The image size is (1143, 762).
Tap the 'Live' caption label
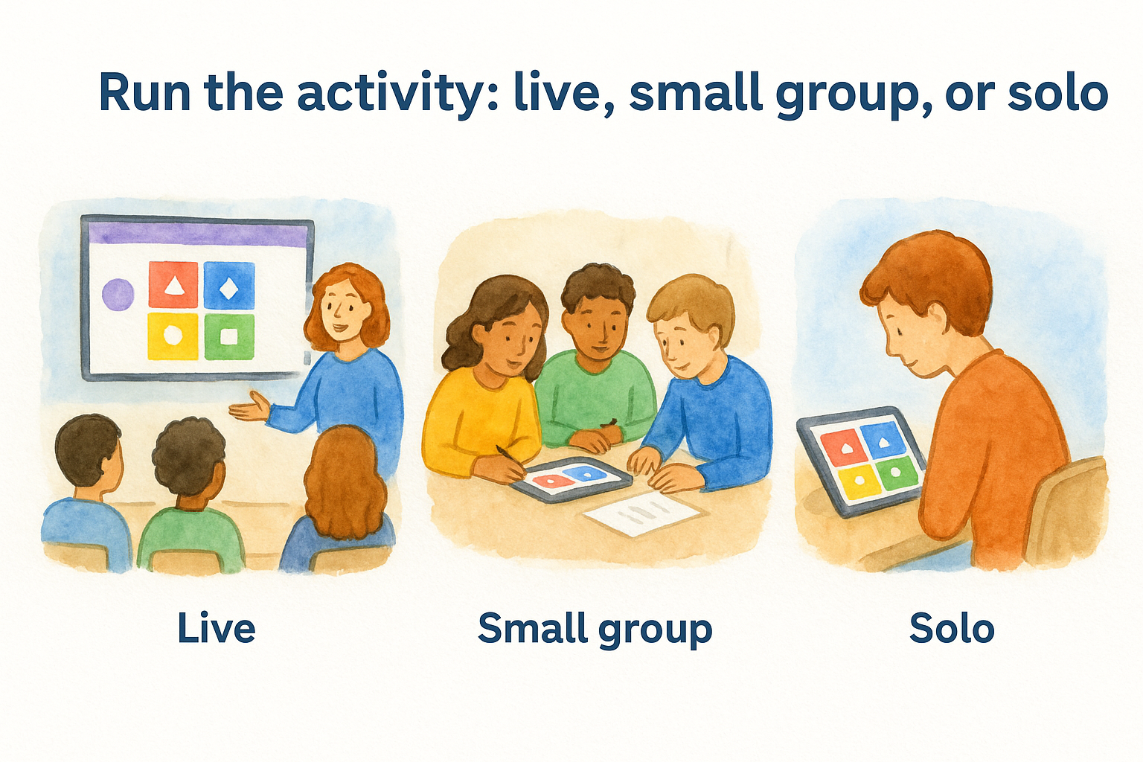pyautogui.click(x=217, y=629)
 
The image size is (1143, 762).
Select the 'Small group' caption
pyautogui.click(x=595, y=630)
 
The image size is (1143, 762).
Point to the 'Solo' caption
pyautogui.click(x=952, y=629)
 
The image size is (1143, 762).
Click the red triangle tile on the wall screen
pyautogui.click(x=173, y=285)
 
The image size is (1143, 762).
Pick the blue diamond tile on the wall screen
pyautogui.click(x=229, y=285)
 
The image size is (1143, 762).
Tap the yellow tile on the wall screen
pyautogui.click(x=173, y=336)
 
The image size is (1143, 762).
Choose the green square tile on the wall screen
pyautogui.click(x=229, y=336)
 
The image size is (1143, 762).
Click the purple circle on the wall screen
pyautogui.click(x=118, y=295)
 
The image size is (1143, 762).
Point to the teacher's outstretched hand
pyautogui.click(x=249, y=408)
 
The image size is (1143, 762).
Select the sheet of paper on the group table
pyautogui.click(x=641, y=513)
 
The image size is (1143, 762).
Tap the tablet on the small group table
pyautogui.click(x=571, y=479)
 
